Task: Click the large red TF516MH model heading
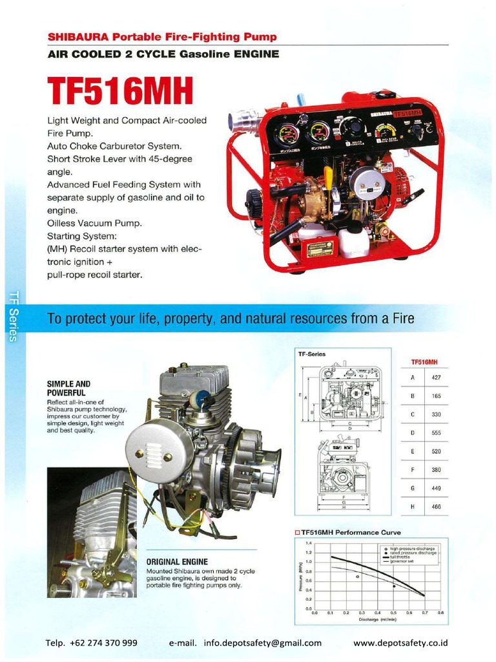point(121,91)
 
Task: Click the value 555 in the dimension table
point(436,432)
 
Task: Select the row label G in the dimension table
point(412,489)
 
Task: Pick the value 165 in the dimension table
point(436,395)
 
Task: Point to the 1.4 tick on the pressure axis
point(309,543)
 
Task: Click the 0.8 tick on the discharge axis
point(440,613)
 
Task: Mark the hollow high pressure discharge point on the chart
point(357,576)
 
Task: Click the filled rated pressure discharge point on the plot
point(394,586)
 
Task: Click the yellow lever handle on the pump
point(328,176)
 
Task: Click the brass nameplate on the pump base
point(320,249)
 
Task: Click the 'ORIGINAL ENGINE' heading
point(176,562)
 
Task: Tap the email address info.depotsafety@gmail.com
point(262,643)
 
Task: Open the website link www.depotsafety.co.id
point(400,643)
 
